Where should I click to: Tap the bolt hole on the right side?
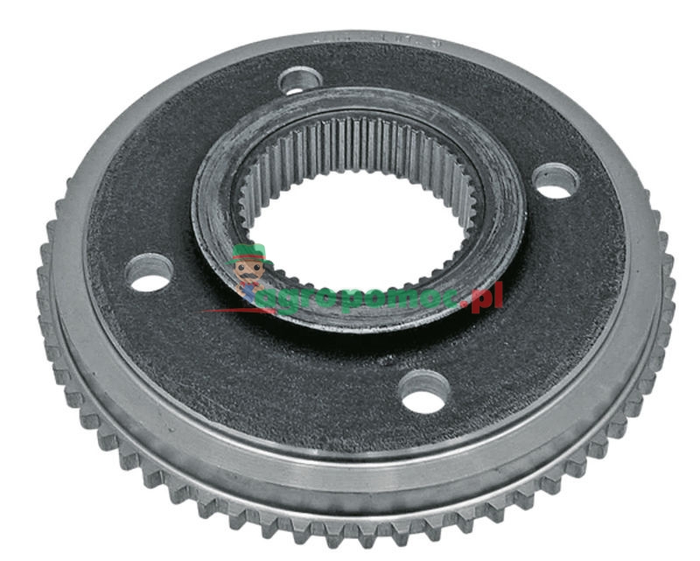pos(555,180)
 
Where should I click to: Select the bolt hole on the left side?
pos(150,273)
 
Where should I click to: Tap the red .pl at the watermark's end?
pos(489,298)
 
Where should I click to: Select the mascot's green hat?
pos(247,255)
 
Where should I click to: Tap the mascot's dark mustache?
pos(248,281)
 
